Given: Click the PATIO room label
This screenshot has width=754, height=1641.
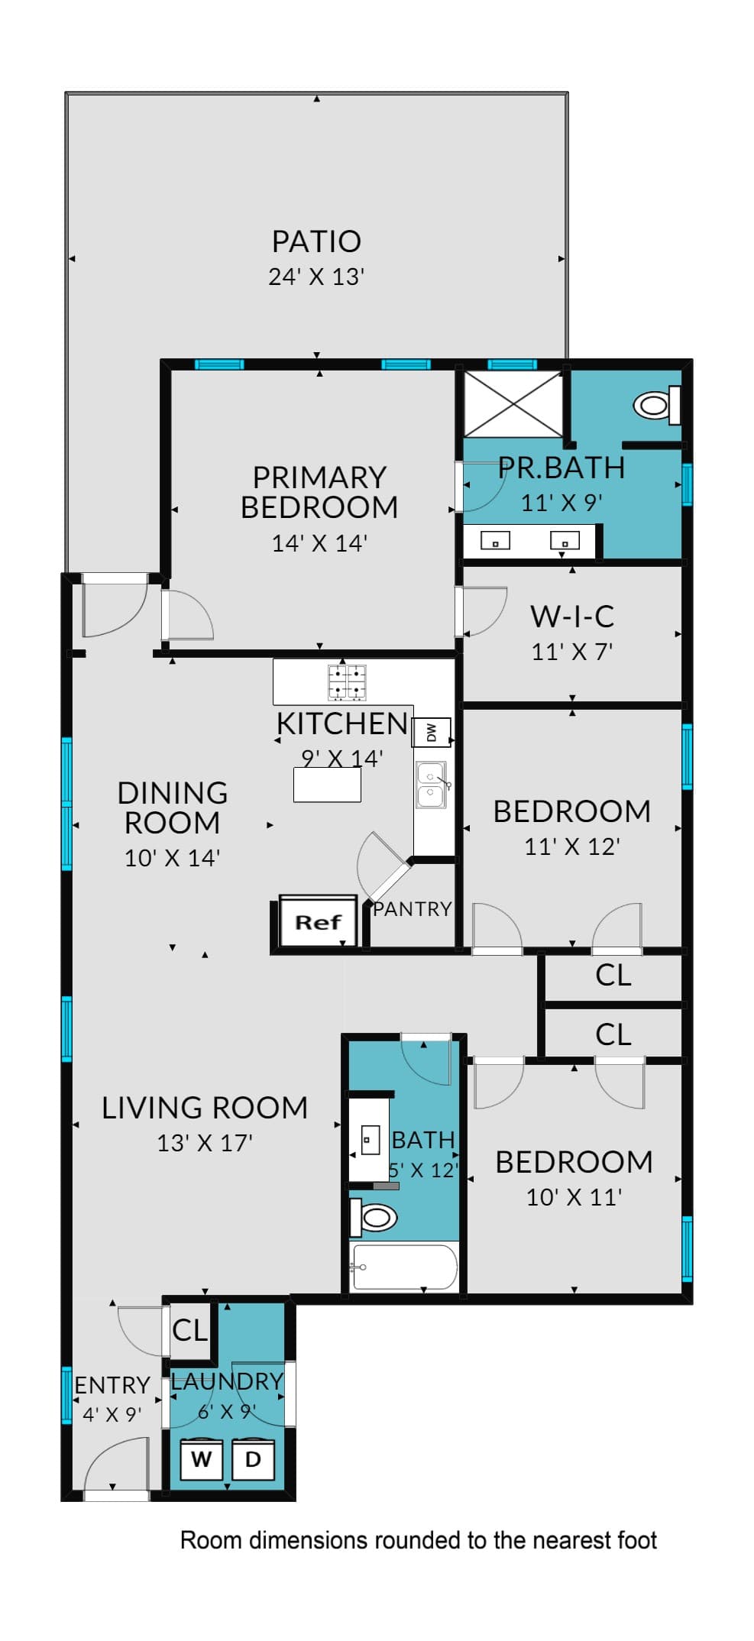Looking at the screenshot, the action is [x=316, y=241].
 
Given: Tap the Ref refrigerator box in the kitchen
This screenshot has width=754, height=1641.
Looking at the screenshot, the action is [x=318, y=921].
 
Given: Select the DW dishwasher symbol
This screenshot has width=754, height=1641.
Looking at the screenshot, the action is [x=432, y=732].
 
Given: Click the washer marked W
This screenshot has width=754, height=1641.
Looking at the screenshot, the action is [x=201, y=1459].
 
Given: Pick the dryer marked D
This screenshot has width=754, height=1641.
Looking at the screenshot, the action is [x=253, y=1459].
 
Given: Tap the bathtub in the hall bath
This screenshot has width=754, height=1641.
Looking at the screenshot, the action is [x=403, y=1267].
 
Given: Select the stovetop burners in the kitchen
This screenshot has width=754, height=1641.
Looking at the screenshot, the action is [x=347, y=682].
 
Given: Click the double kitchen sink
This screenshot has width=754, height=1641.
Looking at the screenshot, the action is [x=431, y=785].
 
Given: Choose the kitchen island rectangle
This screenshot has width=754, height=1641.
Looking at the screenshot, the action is [x=327, y=785].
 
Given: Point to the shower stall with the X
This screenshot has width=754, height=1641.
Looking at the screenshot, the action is [x=513, y=404].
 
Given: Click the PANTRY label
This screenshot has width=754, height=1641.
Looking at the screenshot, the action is [x=413, y=908].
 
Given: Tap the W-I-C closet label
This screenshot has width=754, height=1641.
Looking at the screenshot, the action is [x=572, y=616].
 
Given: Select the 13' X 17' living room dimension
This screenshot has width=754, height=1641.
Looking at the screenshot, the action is [x=205, y=1142].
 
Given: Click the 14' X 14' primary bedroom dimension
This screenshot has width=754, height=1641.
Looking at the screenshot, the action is [x=319, y=542].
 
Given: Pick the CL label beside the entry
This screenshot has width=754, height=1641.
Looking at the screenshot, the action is [x=189, y=1330].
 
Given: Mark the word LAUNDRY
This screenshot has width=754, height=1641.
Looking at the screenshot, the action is [x=227, y=1381].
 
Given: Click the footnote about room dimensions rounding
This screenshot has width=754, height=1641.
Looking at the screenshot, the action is [x=419, y=1540].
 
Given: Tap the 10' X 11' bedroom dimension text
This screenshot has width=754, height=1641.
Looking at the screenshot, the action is [x=574, y=1196].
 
